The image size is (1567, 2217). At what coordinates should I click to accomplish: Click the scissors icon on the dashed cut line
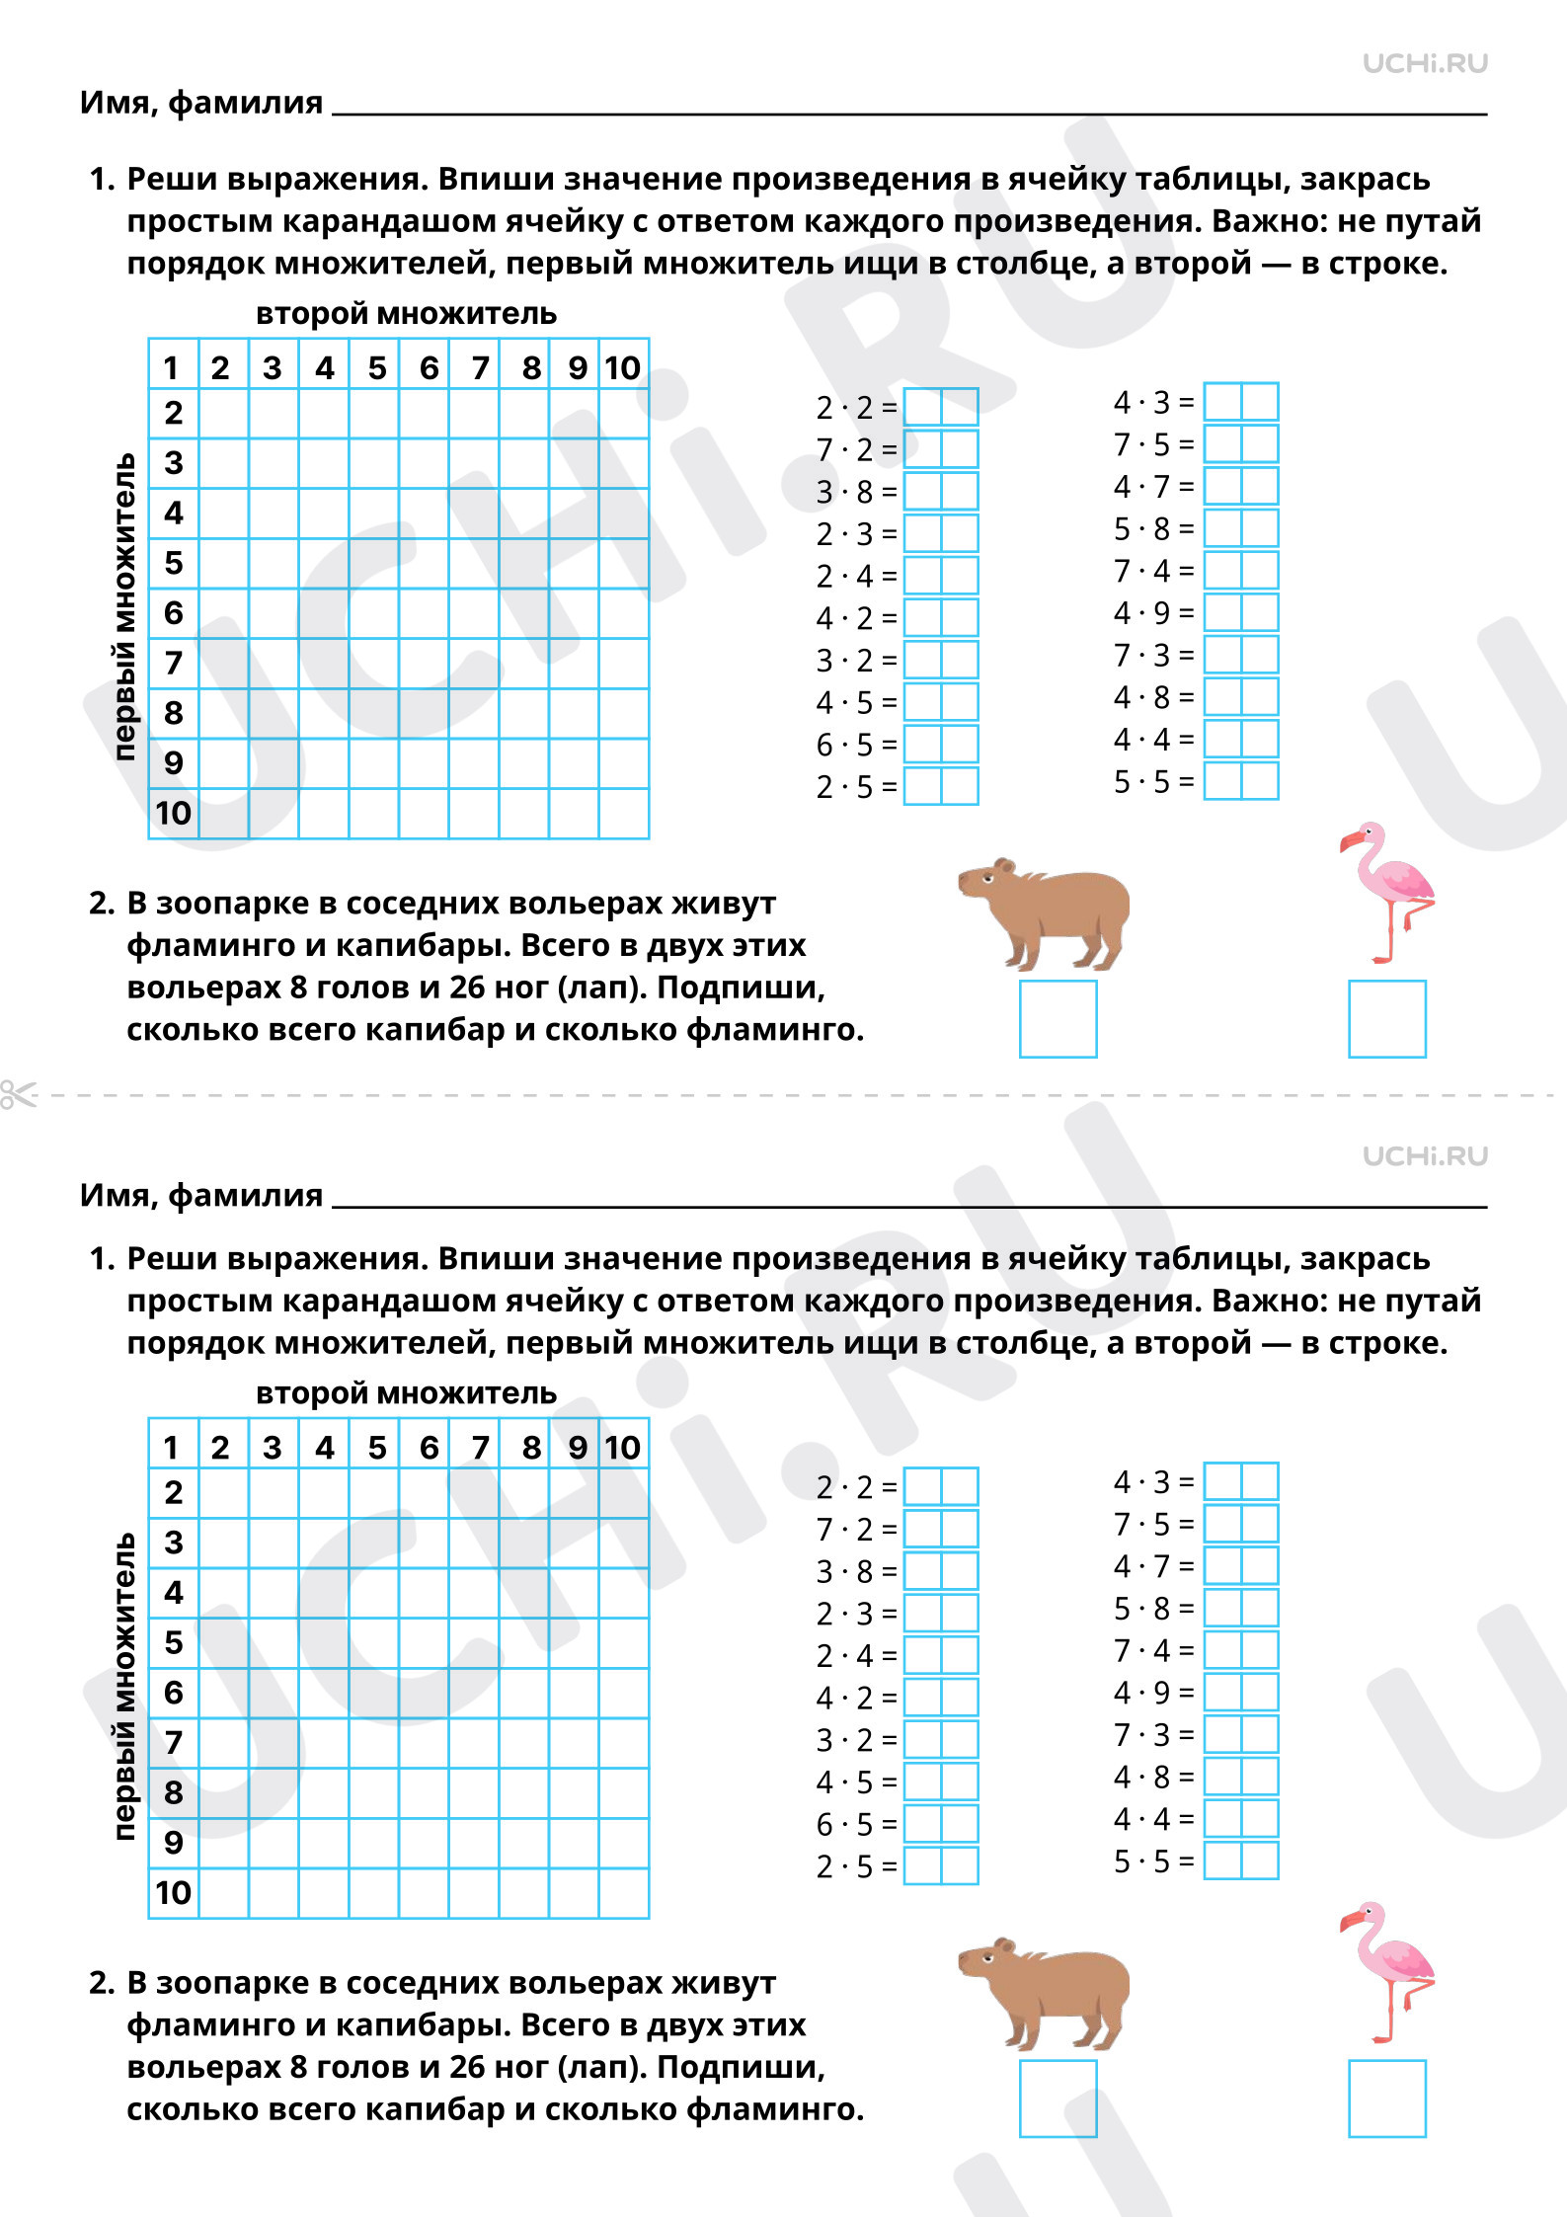[x=18, y=1094]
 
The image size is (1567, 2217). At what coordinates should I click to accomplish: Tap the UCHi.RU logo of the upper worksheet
[x=1425, y=63]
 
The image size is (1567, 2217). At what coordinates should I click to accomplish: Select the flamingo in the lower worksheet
[x=1387, y=1971]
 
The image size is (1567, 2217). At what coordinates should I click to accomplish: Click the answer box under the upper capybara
[x=1058, y=1019]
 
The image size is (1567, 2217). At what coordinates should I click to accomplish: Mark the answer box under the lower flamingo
[x=1387, y=2098]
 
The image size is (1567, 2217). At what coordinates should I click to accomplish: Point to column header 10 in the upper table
[x=623, y=368]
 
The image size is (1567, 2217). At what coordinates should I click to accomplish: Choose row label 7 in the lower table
[x=174, y=1742]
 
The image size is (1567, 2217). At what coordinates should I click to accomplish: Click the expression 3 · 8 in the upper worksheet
[x=844, y=492]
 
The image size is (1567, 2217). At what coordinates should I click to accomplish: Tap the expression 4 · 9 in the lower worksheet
[x=1141, y=1693]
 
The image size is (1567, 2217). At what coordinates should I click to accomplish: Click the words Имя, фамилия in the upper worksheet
[x=201, y=103]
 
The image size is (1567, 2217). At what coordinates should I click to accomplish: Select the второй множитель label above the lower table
[x=406, y=1393]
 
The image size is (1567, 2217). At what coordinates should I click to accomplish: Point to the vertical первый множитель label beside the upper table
[x=124, y=606]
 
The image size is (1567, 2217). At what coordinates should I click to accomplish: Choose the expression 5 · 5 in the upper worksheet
[x=1141, y=782]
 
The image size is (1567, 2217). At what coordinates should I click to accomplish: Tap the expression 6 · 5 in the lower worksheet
[x=844, y=1824]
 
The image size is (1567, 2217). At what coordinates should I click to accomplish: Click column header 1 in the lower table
[x=171, y=1448]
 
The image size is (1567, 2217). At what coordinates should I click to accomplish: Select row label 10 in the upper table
[x=173, y=813]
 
